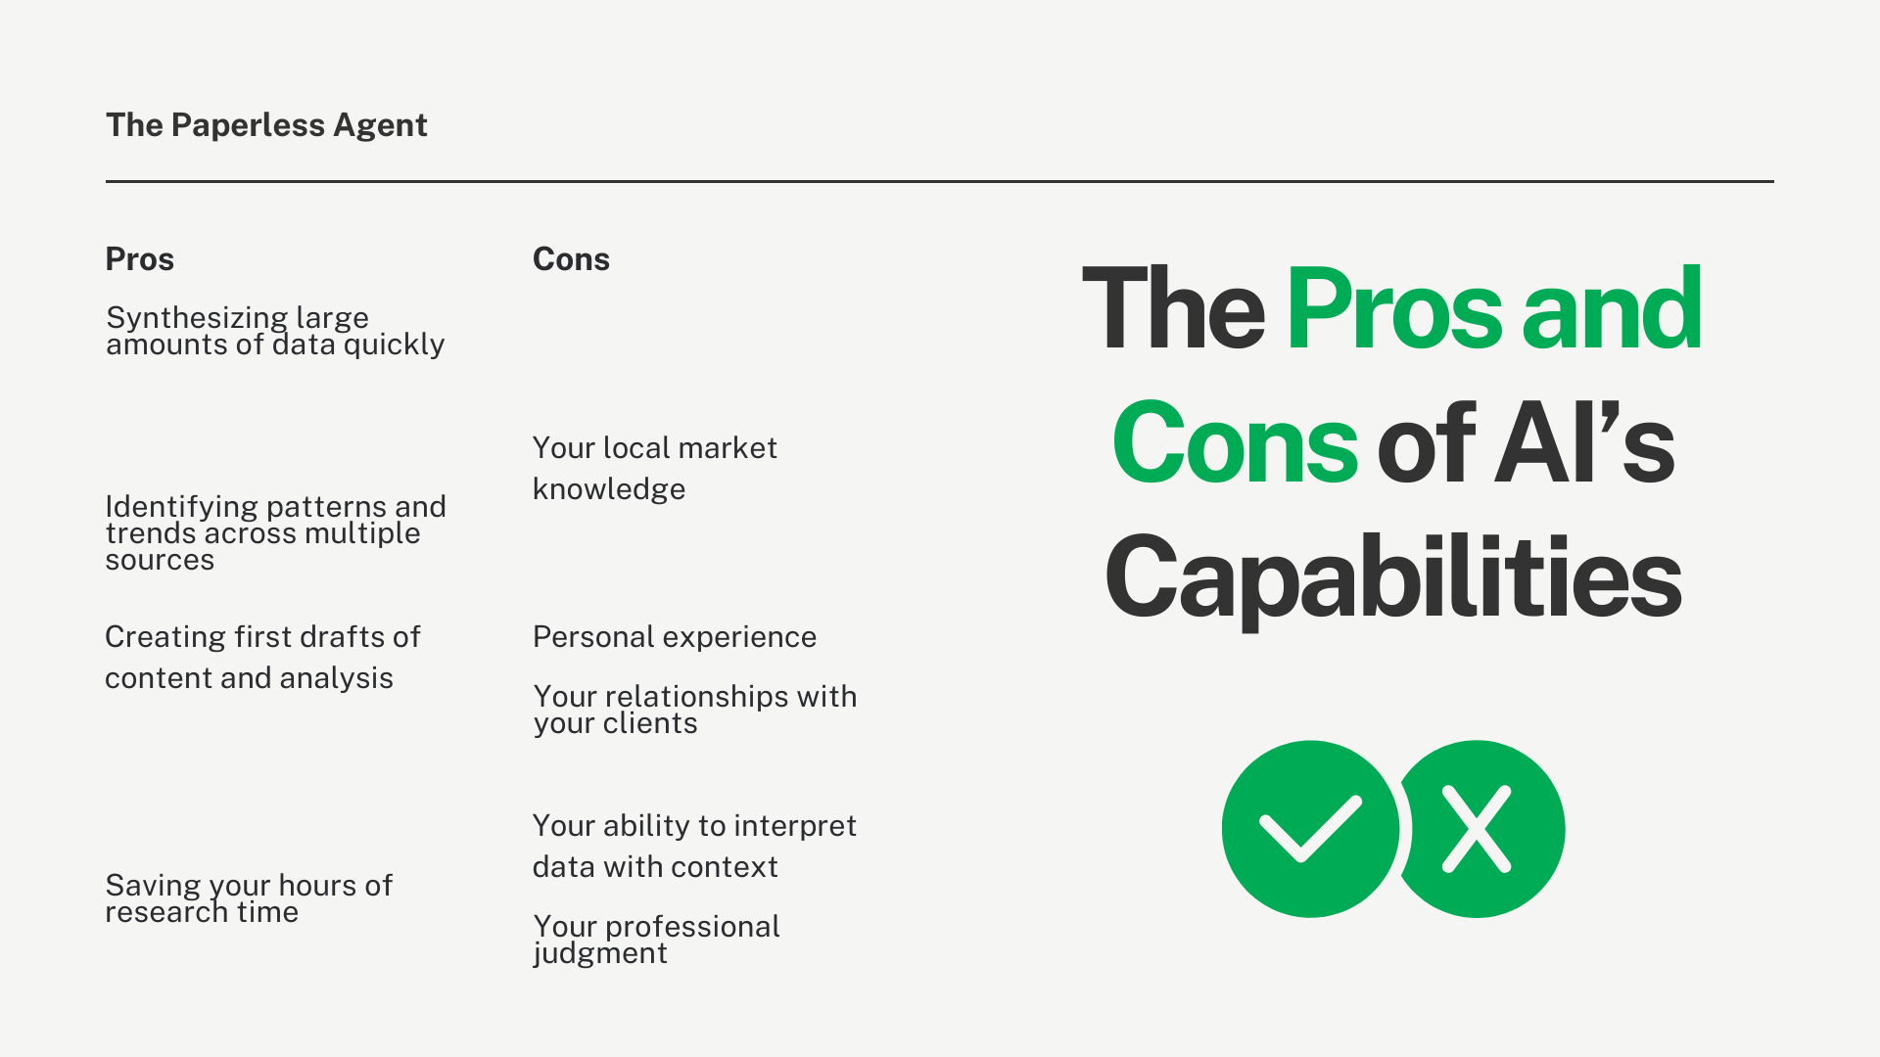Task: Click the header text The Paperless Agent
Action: (266, 125)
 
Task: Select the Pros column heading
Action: (140, 259)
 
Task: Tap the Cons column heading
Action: (571, 259)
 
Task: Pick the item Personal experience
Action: (675, 637)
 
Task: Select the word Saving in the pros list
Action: (152, 886)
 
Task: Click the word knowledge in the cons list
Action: (609, 489)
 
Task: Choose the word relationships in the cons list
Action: (696, 697)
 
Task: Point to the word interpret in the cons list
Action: (795, 827)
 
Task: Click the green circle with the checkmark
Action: (1310, 829)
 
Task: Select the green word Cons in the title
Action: (1235, 443)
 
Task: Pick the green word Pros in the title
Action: (1393, 309)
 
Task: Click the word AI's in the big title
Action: (1584, 443)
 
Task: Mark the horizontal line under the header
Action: (940, 181)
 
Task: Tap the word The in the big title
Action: (1173, 309)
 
